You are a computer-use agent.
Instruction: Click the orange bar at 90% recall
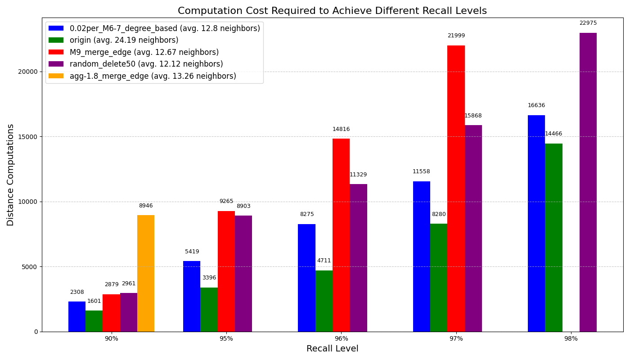pos(146,273)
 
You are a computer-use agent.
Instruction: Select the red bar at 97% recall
pos(456,189)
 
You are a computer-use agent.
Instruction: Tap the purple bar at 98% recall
pos(588,182)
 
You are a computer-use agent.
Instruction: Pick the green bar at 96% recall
pos(324,301)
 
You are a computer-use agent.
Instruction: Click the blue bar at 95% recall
pos(192,296)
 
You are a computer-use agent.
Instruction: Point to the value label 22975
pos(588,23)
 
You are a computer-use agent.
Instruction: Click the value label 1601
pos(94,301)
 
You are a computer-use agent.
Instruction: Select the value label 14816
pos(341,129)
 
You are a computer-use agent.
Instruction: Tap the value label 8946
pos(146,206)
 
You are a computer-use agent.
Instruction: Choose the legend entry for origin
pos(124,40)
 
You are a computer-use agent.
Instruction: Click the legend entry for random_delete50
pos(146,64)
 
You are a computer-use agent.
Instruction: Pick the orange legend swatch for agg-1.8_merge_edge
pos(56,76)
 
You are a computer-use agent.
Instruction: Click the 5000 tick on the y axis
pos(30,267)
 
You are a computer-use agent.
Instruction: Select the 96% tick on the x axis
pos(341,339)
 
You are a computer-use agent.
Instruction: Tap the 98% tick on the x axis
pos(571,339)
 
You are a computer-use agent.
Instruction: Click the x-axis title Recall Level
pos(332,349)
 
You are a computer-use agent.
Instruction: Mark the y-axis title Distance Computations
pos(11,175)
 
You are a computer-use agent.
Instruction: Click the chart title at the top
pos(332,11)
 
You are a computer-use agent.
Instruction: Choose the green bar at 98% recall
pos(553,238)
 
